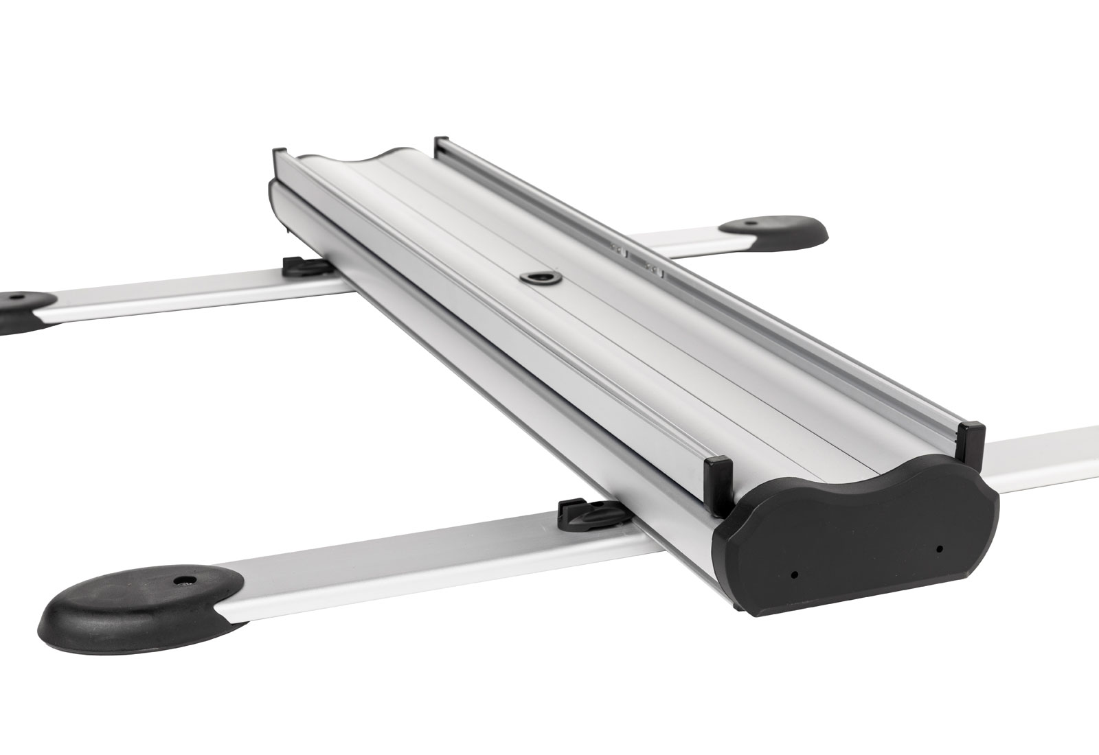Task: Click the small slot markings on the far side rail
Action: pos(635,260)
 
